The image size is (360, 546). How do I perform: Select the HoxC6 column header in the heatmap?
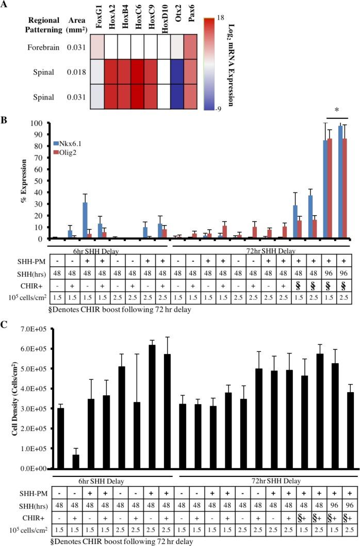pyautogui.click(x=138, y=23)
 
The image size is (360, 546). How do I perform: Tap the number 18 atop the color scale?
pyautogui.click(x=206, y=17)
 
